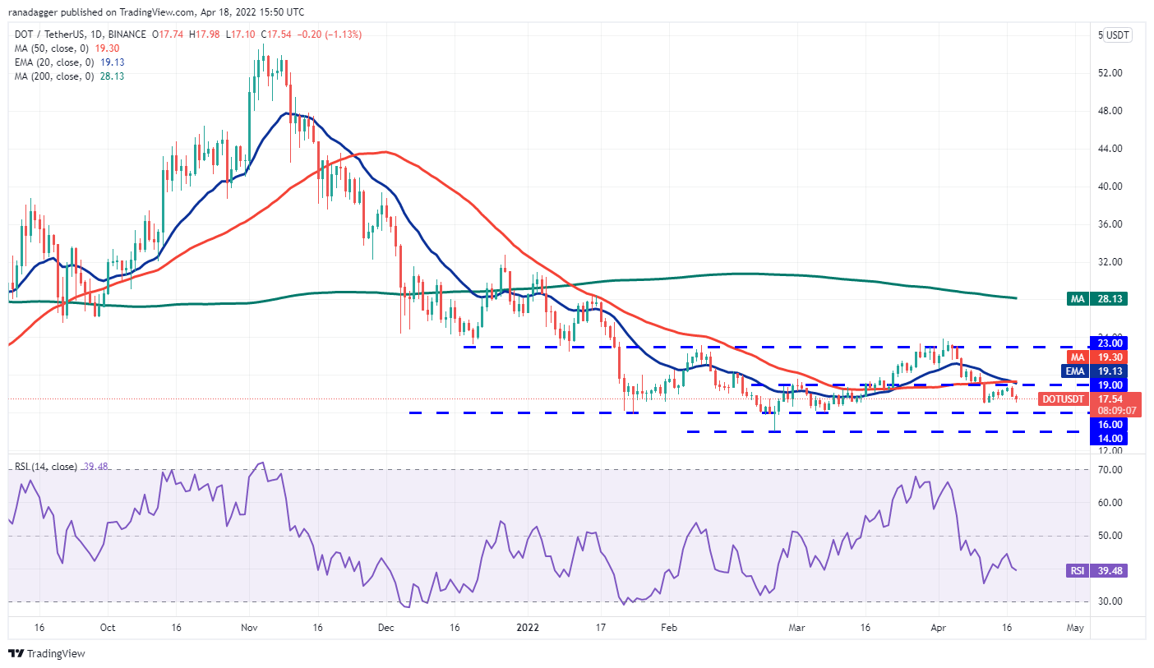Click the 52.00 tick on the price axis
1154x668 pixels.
tap(1110, 73)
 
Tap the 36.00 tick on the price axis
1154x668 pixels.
tap(1110, 224)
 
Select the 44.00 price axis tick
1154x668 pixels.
tap(1110, 149)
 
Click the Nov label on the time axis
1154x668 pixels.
tap(251, 627)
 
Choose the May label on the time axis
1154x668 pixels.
tap(1075, 627)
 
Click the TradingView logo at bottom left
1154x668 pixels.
tap(47, 654)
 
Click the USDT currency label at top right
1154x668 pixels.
tap(1118, 35)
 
